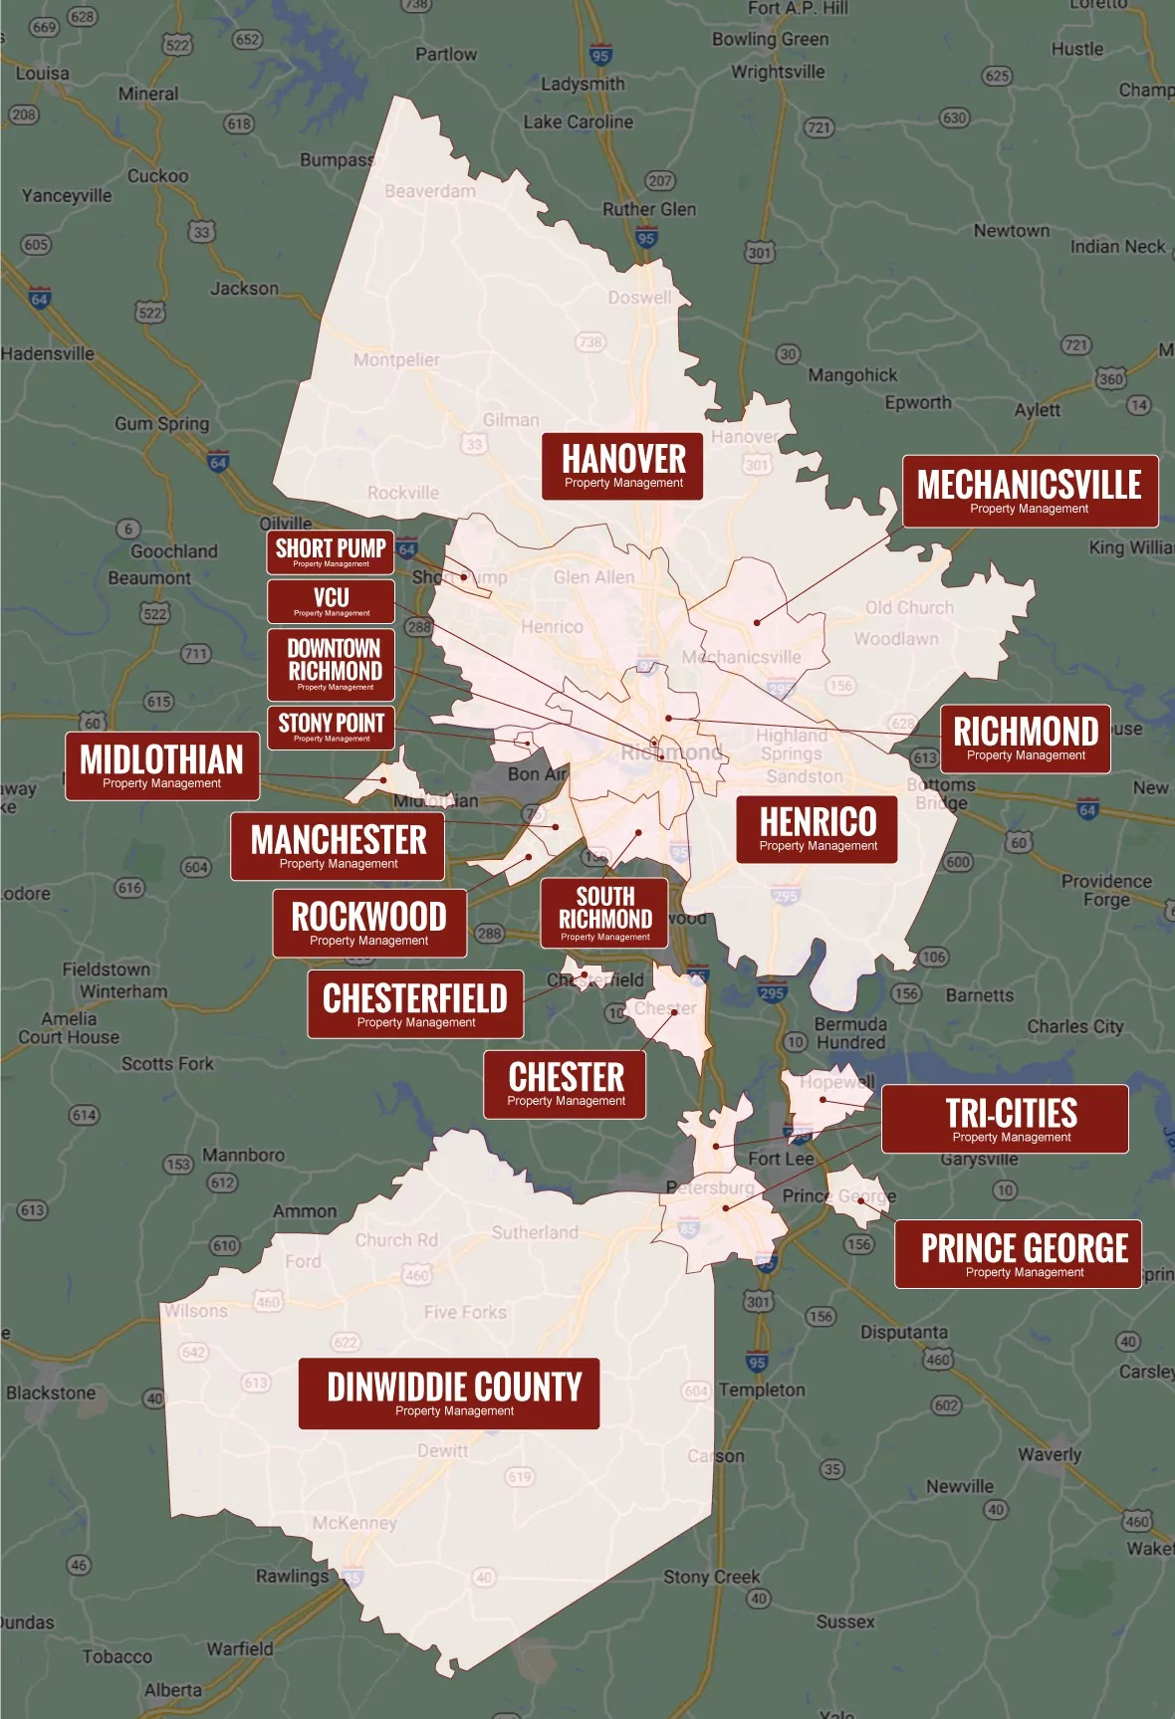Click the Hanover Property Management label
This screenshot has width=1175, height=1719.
(x=623, y=466)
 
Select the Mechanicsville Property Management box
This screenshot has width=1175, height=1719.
(x=1030, y=492)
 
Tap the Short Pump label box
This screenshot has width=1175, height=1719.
(x=331, y=552)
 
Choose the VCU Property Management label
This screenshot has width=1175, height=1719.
(x=332, y=601)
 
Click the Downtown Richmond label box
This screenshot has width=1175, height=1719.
(x=335, y=664)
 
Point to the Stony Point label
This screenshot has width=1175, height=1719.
(x=332, y=728)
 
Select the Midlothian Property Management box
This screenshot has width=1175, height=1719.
(x=162, y=766)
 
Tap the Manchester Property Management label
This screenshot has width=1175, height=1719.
(x=338, y=846)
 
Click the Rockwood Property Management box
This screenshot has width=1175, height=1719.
(x=369, y=923)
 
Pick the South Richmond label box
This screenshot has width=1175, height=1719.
(x=605, y=913)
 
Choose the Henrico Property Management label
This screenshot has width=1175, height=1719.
(x=818, y=828)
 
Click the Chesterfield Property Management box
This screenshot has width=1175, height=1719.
(x=415, y=1004)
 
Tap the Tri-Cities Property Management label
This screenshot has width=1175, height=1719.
(x=1006, y=1119)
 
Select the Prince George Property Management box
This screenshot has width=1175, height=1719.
(x=1019, y=1254)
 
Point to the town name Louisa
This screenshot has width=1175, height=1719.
(x=43, y=74)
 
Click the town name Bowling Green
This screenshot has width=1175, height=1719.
(x=770, y=40)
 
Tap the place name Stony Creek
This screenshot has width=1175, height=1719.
(x=711, y=1577)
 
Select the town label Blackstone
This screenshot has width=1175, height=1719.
(x=51, y=1393)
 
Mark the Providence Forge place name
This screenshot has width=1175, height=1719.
(x=1106, y=891)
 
